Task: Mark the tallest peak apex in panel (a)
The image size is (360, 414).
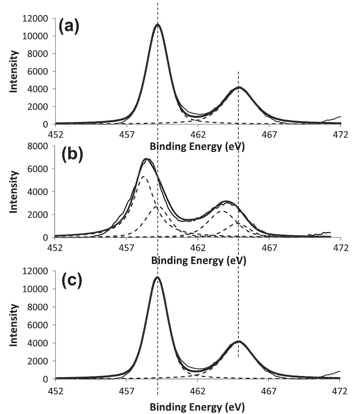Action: (157, 25)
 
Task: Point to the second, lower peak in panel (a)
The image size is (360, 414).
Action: (239, 87)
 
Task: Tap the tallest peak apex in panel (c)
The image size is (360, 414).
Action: (157, 277)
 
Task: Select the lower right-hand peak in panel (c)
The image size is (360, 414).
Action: (239, 341)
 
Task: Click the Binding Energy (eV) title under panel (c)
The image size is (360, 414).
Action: (197, 407)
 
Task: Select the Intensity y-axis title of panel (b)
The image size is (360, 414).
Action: (14, 192)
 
